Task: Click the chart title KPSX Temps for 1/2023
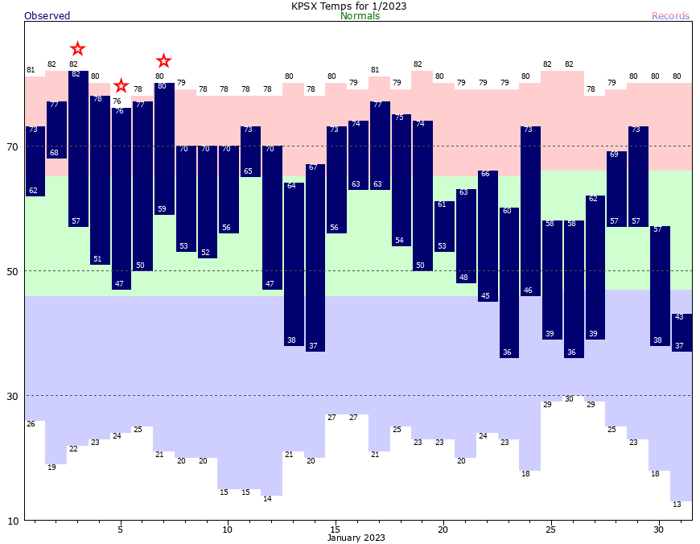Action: pos(348,6)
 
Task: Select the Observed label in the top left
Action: pos(47,16)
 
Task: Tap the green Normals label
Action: pos(360,16)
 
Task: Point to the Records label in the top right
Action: pos(670,16)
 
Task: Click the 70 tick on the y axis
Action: pos(12,146)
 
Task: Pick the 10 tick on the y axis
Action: pos(12,521)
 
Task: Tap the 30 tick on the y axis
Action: pos(12,396)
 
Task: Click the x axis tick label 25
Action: pos(550,530)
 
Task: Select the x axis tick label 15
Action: pos(335,530)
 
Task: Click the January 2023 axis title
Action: pos(356,538)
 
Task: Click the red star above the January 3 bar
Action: pos(77,49)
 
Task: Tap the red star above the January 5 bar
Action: pos(121,86)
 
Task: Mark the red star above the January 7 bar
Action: pos(163,60)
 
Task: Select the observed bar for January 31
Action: pos(681,332)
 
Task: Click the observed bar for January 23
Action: pos(509,282)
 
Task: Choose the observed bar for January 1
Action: pos(35,161)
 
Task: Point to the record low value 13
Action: pos(677,505)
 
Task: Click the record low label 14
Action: pos(267,499)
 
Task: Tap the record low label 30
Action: pos(569,399)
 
